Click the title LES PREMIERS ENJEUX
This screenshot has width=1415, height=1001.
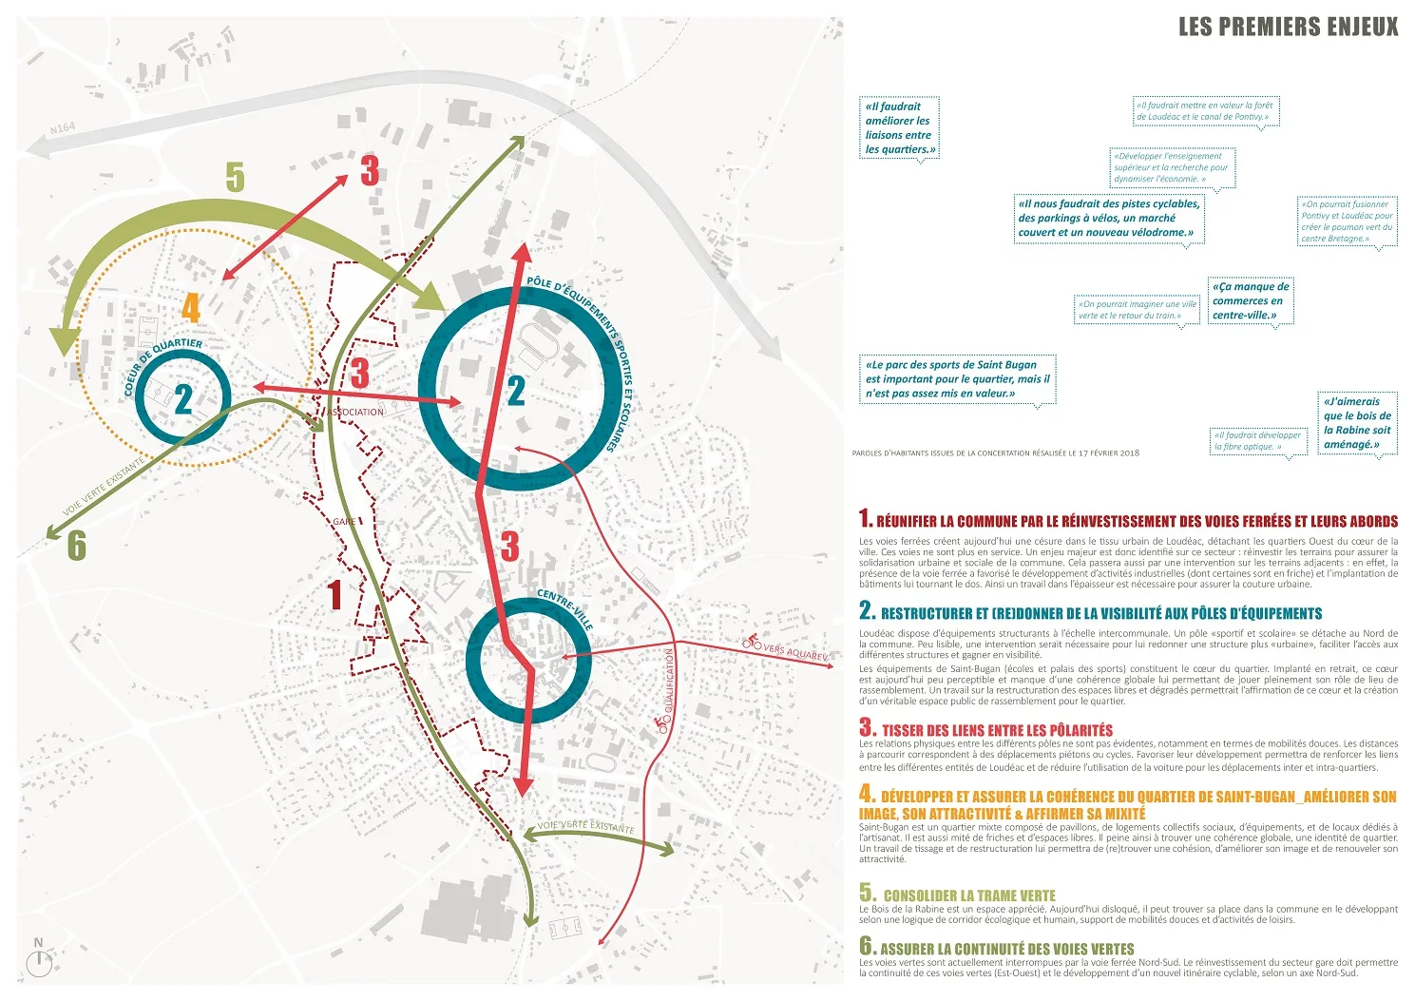click(1288, 27)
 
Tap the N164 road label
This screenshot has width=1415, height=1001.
click(63, 127)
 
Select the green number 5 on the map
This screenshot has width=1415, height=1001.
click(235, 178)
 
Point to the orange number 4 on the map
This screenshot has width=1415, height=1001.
click(191, 308)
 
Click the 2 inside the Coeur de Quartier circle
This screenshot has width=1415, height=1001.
click(183, 399)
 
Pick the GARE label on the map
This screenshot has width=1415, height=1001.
click(344, 522)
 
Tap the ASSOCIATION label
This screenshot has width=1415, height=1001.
click(356, 412)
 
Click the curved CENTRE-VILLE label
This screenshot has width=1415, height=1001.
click(565, 609)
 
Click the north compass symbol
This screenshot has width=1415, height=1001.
click(39, 962)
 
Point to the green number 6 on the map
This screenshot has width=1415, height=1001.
click(76, 546)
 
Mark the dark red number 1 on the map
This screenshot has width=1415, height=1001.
click(334, 596)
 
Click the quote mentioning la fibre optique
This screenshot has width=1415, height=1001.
click(1257, 441)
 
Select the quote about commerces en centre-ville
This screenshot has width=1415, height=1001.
click(1251, 300)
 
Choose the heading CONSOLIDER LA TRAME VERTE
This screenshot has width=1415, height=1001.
click(968, 895)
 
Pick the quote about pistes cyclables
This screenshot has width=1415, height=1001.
click(1108, 218)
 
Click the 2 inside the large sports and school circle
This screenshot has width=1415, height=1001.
click(516, 391)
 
